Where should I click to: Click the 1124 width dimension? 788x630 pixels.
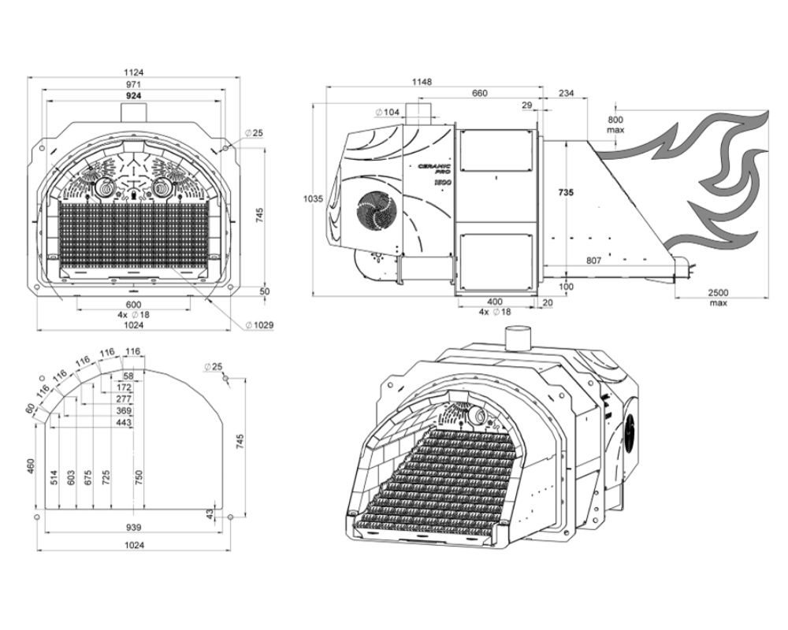[134, 72]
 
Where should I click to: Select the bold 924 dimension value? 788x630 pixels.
[134, 95]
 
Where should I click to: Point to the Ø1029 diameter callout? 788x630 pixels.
[259, 325]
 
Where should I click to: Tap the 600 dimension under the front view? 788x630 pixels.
[134, 305]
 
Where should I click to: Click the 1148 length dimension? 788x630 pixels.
[422, 81]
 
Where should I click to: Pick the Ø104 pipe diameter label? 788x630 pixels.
[387, 112]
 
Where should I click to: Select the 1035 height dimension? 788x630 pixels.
[313, 199]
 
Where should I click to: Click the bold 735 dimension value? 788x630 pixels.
[566, 192]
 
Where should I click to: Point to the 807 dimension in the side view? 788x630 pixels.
[593, 261]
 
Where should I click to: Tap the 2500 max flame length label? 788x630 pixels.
[718, 297]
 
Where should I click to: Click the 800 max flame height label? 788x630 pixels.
[615, 124]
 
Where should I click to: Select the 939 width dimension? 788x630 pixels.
[134, 528]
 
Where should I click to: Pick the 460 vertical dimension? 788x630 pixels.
[32, 466]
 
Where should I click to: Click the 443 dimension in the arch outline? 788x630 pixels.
[124, 423]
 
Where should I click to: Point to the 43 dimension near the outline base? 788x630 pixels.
[210, 513]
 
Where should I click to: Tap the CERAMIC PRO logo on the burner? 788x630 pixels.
[435, 169]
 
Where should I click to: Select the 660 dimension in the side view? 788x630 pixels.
[480, 93]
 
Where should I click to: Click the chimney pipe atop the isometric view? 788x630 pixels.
[519, 339]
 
